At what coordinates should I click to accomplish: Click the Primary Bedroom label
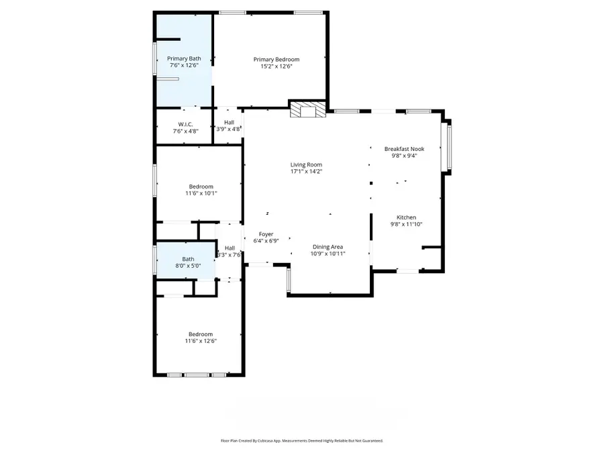point(276,59)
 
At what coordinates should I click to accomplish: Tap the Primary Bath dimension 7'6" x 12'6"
point(184,66)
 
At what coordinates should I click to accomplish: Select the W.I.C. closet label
point(185,123)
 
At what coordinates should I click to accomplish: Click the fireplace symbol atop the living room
point(307,109)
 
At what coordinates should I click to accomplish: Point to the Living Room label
point(306,164)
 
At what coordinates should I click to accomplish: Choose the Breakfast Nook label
point(404,148)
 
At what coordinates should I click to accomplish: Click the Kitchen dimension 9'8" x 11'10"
point(406,225)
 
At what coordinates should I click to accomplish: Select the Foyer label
point(266,234)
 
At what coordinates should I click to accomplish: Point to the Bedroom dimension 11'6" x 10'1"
point(201,193)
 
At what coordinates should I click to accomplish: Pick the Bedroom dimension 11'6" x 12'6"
point(201,341)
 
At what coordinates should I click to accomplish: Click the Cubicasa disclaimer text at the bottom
point(301,441)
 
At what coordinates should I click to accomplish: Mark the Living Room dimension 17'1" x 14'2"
point(306,171)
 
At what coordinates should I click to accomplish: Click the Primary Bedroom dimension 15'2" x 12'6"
point(276,66)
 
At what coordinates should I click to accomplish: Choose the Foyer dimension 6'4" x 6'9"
point(266,240)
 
